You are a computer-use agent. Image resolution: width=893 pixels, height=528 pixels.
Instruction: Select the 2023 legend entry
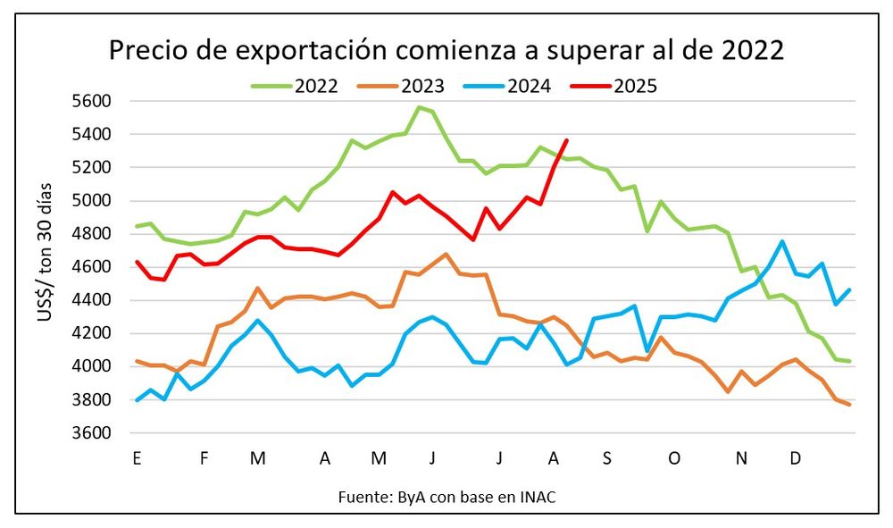420,86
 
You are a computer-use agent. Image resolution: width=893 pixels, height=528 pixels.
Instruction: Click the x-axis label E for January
137,458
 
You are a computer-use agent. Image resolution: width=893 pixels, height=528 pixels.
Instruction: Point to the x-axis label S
607,458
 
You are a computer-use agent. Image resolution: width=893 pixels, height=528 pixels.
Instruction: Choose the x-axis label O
674,458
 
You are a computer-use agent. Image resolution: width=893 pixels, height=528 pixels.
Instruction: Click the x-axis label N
741,458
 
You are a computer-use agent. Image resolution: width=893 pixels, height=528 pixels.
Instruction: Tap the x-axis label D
795,458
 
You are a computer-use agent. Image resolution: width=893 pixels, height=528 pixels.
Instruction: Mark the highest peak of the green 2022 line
419,107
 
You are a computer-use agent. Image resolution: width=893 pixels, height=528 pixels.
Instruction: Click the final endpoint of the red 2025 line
567,140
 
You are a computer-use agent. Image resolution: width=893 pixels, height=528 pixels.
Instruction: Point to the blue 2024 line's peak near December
783,241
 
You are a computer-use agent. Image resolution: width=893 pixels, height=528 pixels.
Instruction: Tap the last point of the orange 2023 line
849,405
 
